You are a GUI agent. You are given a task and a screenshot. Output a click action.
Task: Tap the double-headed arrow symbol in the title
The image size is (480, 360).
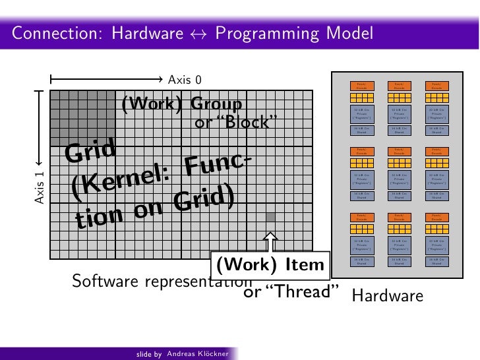[x=189, y=34]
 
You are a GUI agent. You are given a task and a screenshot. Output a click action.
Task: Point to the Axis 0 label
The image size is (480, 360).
[x=185, y=80]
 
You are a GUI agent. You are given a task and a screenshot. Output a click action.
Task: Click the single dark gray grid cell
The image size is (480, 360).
[x=270, y=217]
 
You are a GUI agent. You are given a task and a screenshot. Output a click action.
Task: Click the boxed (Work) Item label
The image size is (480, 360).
[x=270, y=266]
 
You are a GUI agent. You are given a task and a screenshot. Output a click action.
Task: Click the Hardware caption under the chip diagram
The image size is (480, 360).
[x=388, y=297]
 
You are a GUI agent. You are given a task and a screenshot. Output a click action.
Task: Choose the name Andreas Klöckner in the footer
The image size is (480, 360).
[x=197, y=354]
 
